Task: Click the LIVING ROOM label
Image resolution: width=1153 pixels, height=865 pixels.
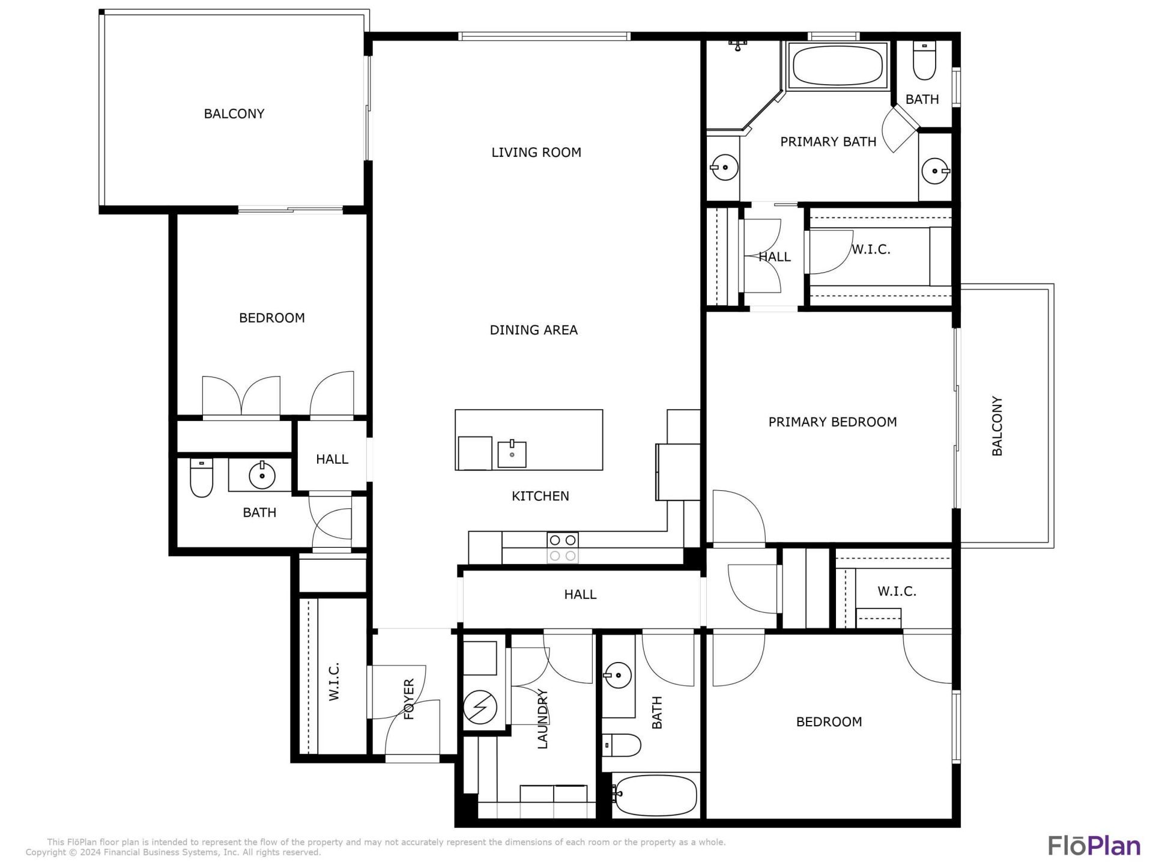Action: [536, 153]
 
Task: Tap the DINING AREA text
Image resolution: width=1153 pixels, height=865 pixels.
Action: [533, 330]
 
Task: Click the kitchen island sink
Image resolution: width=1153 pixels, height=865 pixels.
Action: [512, 454]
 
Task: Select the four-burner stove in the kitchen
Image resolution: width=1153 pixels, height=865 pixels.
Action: [563, 548]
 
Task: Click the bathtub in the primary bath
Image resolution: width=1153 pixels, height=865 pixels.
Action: [837, 66]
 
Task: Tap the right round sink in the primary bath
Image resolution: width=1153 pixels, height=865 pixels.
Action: [935, 171]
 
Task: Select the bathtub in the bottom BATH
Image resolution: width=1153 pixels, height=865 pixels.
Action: [656, 795]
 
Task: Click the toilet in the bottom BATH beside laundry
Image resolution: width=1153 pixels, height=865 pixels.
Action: [622, 745]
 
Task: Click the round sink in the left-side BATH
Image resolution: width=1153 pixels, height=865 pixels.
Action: [262, 476]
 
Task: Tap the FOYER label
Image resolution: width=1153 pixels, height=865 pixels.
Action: [409, 699]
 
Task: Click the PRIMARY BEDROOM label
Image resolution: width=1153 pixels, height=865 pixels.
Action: [832, 422]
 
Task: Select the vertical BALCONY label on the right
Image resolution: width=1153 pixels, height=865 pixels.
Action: [997, 426]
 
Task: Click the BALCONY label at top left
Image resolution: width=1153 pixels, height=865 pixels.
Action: [234, 114]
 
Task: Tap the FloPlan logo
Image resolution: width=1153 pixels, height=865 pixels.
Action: [1094, 845]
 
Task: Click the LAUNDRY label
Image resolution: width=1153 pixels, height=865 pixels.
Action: [542, 719]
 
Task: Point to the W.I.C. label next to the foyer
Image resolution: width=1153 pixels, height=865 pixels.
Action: [334, 681]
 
